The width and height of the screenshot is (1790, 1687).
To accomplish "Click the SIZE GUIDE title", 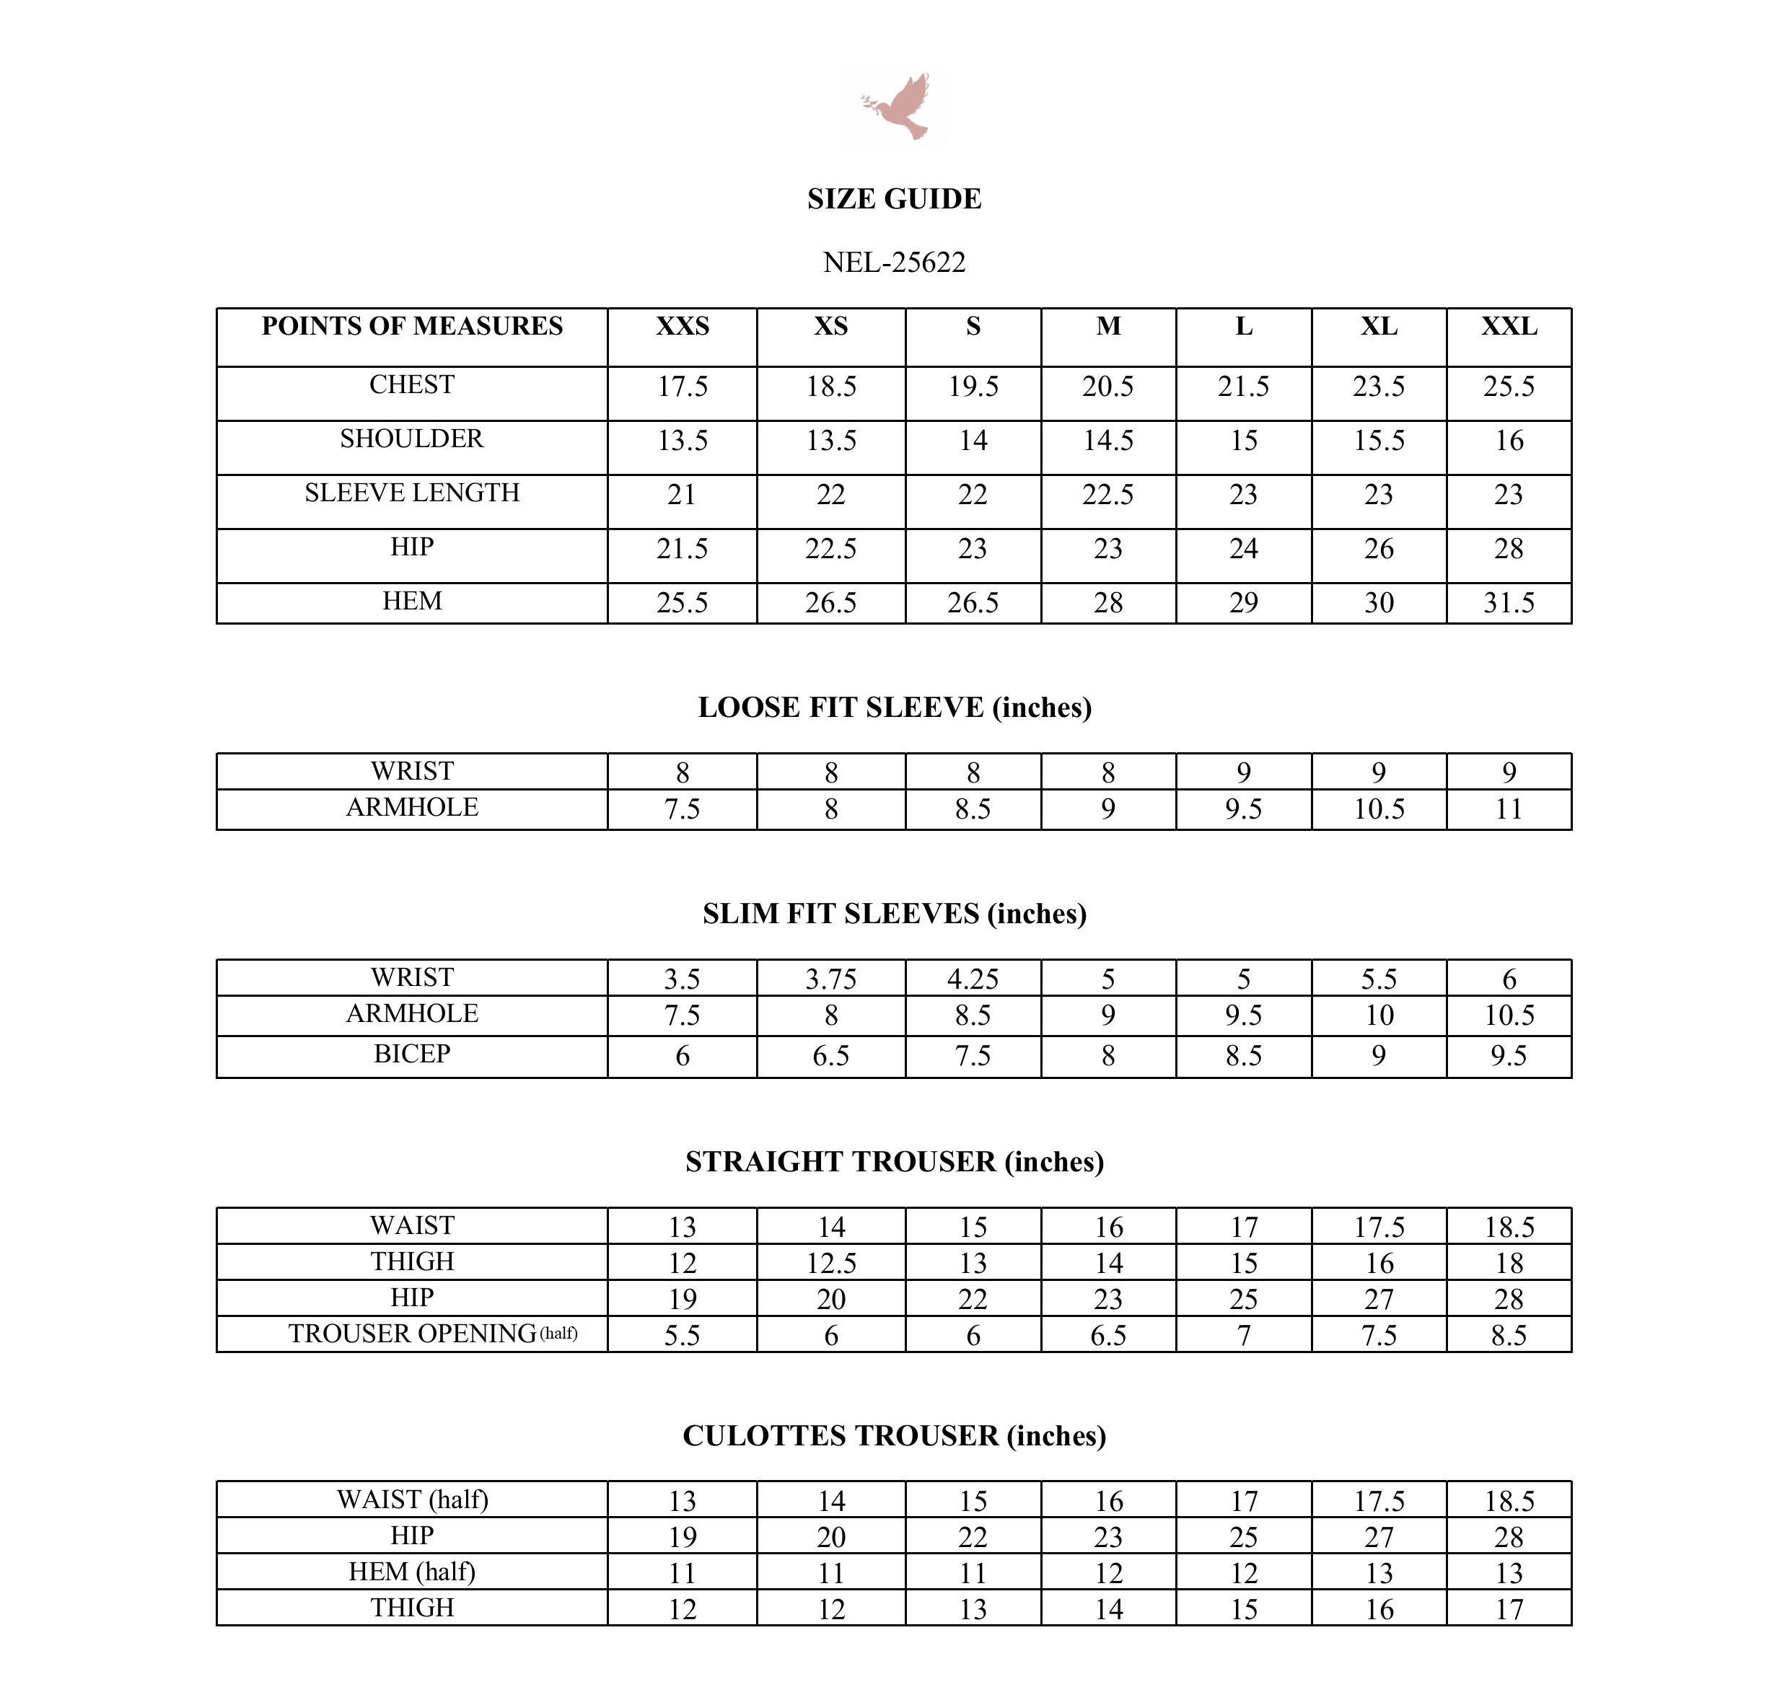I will pyautogui.click(x=894, y=199).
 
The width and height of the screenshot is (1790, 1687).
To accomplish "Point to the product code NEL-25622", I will pyautogui.click(x=894, y=262).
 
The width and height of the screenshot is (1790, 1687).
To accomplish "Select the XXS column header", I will pyautogui.click(x=682, y=326).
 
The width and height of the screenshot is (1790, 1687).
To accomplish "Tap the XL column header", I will pyautogui.click(x=1379, y=326).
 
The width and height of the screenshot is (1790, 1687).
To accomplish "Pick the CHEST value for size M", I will pyautogui.click(x=1107, y=386).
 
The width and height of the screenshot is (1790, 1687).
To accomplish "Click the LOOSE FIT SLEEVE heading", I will pyautogui.click(x=894, y=708).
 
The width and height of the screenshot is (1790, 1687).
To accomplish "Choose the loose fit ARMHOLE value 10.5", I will pyautogui.click(x=1379, y=809).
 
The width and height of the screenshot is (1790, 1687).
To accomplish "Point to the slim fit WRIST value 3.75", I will pyautogui.click(x=830, y=979).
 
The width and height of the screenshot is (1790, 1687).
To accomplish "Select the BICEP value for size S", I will pyautogui.click(x=973, y=1055).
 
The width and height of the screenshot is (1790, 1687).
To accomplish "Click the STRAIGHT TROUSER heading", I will pyautogui.click(x=894, y=1162).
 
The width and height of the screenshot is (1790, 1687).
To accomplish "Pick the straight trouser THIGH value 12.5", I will pyautogui.click(x=830, y=1263).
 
